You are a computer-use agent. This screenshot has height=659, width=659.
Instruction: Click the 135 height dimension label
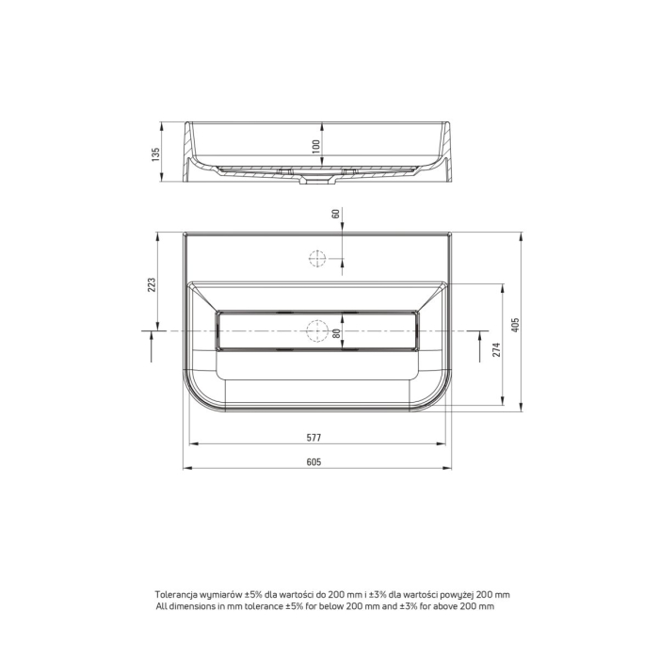pyautogui.click(x=156, y=154)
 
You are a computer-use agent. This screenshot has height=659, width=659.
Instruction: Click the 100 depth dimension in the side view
pyautogui.click(x=316, y=146)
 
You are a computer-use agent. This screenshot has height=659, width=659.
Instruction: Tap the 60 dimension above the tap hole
pyautogui.click(x=335, y=214)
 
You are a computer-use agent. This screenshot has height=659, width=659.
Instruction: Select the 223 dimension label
pyautogui.click(x=152, y=285)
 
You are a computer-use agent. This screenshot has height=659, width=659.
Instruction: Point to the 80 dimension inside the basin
pyautogui.click(x=336, y=333)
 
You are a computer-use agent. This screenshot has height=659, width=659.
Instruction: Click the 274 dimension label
pyautogui.click(x=497, y=349)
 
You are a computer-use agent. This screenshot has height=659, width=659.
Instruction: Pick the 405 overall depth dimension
pyautogui.click(x=516, y=325)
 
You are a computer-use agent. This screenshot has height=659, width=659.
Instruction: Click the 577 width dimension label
pyautogui.click(x=313, y=438)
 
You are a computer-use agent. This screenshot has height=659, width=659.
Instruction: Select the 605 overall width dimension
pyautogui.click(x=313, y=462)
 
